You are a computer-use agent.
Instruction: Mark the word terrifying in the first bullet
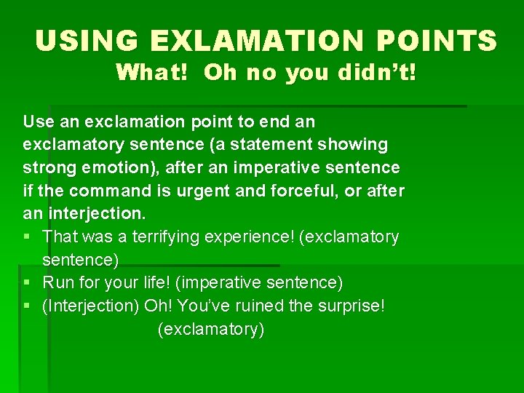pyautogui.click(x=162, y=237)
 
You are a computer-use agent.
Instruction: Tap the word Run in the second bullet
pyautogui.click(x=57, y=282)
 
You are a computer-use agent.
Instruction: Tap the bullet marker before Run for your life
pyautogui.click(x=27, y=282)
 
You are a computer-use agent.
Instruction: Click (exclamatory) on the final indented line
pyautogui.click(x=211, y=329)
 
